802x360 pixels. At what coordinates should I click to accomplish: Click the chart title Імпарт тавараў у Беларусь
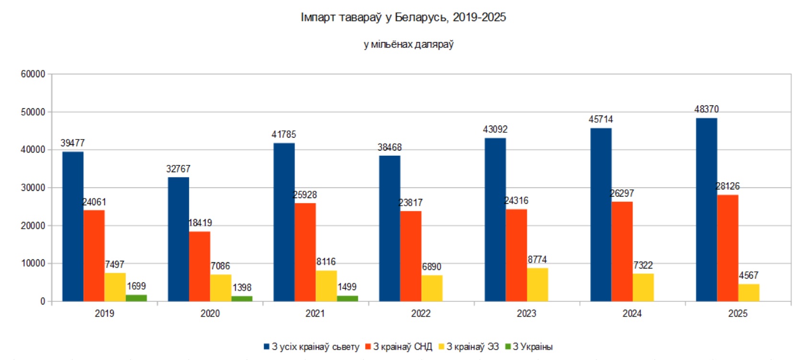(x=403, y=17)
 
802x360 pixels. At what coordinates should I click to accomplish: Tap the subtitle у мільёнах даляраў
(x=408, y=45)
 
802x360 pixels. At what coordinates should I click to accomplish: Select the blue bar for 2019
(x=73, y=226)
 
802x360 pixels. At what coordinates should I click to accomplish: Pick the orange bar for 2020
(x=199, y=266)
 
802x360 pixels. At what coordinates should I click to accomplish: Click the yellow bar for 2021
(x=326, y=286)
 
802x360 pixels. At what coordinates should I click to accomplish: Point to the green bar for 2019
(x=136, y=298)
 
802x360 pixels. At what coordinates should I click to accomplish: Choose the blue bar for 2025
(x=706, y=209)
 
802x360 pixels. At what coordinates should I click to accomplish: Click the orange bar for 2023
(x=516, y=255)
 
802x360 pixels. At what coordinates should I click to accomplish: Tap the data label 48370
(x=706, y=109)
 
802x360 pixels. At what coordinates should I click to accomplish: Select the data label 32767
(x=178, y=169)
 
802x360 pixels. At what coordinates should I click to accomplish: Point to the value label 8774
(x=537, y=259)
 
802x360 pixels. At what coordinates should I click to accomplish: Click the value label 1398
(x=242, y=288)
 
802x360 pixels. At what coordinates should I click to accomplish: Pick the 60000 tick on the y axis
(x=33, y=74)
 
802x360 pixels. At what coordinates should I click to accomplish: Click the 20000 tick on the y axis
(x=33, y=225)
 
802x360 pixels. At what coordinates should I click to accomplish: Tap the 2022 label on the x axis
(x=421, y=314)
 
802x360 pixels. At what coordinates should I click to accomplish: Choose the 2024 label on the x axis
(x=632, y=314)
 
